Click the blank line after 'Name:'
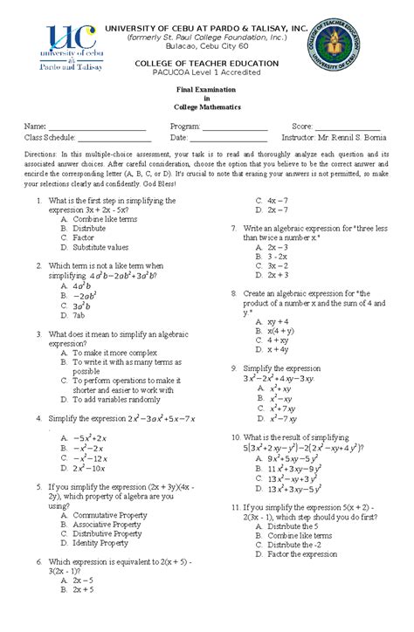tap(97, 127)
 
